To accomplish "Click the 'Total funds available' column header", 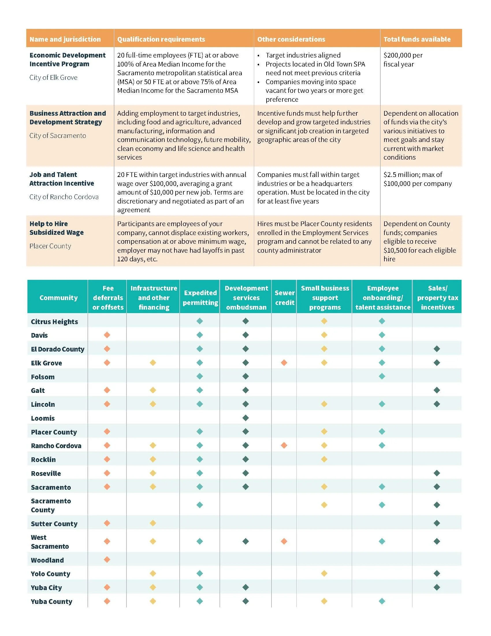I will [x=417, y=39].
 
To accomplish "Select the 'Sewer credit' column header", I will [x=284, y=297].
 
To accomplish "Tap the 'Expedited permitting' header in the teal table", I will [x=200, y=297].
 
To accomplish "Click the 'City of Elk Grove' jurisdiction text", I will [x=53, y=77].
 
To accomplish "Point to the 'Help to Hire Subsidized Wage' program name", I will [x=57, y=228].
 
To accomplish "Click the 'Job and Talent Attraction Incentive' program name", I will [x=62, y=179].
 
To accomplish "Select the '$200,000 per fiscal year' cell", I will [x=403, y=60].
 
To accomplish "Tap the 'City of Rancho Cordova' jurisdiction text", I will [x=64, y=197].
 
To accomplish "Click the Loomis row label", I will [x=43, y=418].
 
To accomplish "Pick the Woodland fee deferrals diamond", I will [x=107, y=559].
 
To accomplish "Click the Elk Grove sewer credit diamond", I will [x=284, y=363].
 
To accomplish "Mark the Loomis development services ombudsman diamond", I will [x=245, y=418].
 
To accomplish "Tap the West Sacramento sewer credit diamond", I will [x=284, y=541].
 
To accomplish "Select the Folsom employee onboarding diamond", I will [x=382, y=376].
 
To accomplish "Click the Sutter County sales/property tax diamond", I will [x=437, y=523].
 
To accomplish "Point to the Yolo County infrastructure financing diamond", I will [x=153, y=573].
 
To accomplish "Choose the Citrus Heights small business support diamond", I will [x=324, y=321].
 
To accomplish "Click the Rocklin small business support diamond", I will [x=324, y=459].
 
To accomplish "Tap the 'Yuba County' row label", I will [x=51, y=601].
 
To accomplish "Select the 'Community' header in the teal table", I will [x=58, y=297].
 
